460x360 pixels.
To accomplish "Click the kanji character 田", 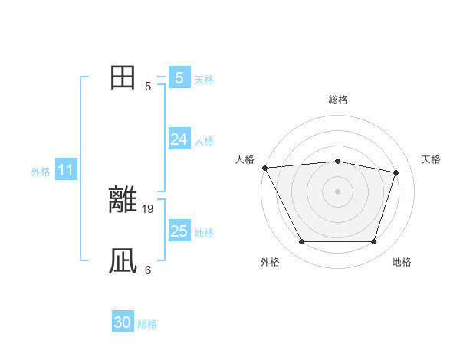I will [x=123, y=77].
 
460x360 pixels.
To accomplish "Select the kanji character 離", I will [x=123, y=200].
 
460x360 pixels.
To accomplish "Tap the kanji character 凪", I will [x=123, y=261].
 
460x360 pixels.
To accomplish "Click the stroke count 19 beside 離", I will [x=149, y=208].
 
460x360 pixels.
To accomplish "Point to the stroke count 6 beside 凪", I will [x=148, y=270].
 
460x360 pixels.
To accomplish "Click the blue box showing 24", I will [x=179, y=139].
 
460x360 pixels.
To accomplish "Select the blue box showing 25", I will [x=179, y=231].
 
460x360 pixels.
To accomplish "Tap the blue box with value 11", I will [x=65, y=170].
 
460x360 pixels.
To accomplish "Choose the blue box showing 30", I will [x=123, y=323].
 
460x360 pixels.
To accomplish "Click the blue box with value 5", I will [x=179, y=77].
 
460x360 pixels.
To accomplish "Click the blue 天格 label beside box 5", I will [x=204, y=80].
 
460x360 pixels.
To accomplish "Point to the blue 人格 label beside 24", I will [x=204, y=141].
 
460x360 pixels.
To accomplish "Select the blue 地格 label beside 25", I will [x=204, y=233].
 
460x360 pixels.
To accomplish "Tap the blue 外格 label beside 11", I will [x=41, y=172].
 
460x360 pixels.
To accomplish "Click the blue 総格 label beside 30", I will [x=147, y=325].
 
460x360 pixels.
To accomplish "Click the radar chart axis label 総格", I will [x=338, y=100].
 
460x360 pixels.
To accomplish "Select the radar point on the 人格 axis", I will [x=264, y=167].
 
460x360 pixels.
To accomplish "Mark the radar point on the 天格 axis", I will [x=396, y=172].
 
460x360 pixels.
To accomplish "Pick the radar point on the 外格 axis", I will [x=301, y=242].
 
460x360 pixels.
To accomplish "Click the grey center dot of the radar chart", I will [x=338, y=191].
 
